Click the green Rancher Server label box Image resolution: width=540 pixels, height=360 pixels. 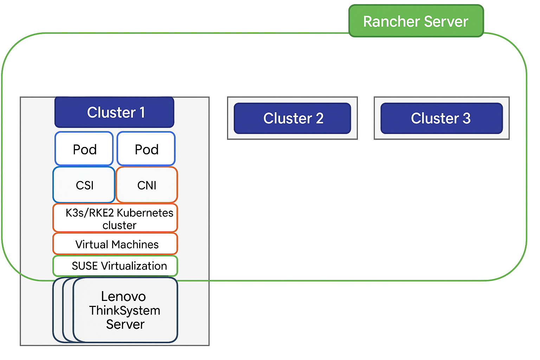pyautogui.click(x=416, y=21)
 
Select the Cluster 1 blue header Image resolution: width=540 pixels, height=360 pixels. pyautogui.click(x=114, y=112)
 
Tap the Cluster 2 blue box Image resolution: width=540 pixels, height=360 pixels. pyautogui.click(x=292, y=118)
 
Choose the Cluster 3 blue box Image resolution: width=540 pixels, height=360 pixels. pyautogui.click(x=441, y=118)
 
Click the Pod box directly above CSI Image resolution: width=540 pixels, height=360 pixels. pyautogui.click(x=84, y=149)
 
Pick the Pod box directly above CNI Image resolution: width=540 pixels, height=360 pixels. pyautogui.click(x=146, y=149)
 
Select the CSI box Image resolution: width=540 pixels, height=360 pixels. pyautogui.click(x=84, y=185)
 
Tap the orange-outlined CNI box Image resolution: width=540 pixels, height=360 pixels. pyautogui.click(x=147, y=185)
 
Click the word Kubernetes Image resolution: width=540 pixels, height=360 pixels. pyautogui.click(x=145, y=213)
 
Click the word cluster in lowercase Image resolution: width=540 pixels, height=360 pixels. pyautogui.click(x=119, y=225)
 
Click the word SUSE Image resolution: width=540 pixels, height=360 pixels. pyautogui.click(x=85, y=266)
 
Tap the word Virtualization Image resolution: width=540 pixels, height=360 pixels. pyautogui.click(x=134, y=266)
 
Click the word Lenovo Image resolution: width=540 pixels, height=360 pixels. pyautogui.click(x=123, y=297)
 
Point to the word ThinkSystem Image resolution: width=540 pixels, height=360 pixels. pyautogui.click(x=124, y=311)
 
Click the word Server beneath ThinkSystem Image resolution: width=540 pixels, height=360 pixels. pyautogui.click(x=125, y=324)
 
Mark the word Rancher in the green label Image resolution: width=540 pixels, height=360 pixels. pyautogui.click(x=386, y=21)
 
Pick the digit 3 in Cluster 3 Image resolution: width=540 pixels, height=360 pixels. pyautogui.click(x=467, y=118)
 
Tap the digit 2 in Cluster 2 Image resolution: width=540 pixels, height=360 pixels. pyautogui.click(x=319, y=118)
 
